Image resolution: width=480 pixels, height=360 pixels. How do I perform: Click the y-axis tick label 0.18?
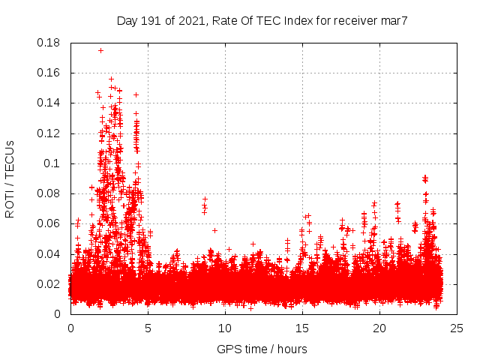50,43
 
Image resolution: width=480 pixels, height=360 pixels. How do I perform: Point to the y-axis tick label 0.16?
50,73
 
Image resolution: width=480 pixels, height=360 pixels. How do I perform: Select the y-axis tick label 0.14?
50,103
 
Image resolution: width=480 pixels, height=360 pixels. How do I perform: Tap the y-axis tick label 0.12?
50,133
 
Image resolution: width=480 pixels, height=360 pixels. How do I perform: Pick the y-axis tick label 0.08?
50,193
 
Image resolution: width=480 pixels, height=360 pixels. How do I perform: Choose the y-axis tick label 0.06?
50,223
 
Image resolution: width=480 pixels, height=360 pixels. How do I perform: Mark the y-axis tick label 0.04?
50,253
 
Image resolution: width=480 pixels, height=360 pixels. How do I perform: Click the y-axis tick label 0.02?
50,283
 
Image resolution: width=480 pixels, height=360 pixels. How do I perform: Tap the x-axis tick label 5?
148,328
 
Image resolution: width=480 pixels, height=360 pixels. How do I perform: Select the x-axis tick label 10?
225,328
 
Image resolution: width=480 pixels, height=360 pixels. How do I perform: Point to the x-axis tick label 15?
302,328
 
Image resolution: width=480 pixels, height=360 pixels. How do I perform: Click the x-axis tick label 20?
379,328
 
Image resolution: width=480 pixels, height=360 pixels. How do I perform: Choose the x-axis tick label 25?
457,328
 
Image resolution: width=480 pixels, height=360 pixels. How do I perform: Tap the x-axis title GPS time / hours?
262,349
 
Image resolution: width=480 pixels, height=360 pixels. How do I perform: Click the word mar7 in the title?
394,20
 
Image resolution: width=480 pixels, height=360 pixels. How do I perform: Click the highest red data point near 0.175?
100,50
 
